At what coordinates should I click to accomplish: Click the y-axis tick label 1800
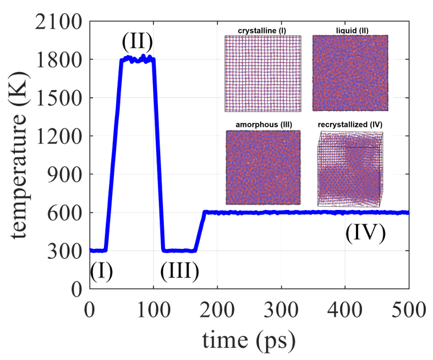59,60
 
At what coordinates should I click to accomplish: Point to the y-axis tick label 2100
59,22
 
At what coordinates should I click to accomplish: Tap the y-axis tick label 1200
59,136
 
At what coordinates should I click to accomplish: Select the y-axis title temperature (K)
22,156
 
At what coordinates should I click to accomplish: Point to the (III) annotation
179,271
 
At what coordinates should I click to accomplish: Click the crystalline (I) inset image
262,73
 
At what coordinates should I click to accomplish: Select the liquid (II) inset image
350,73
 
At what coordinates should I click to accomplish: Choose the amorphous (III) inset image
262,167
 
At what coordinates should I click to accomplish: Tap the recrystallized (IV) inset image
350,169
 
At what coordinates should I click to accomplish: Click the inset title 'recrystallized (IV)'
350,125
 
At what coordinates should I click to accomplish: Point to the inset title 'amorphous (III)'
262,125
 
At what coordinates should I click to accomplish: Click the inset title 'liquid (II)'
350,30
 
